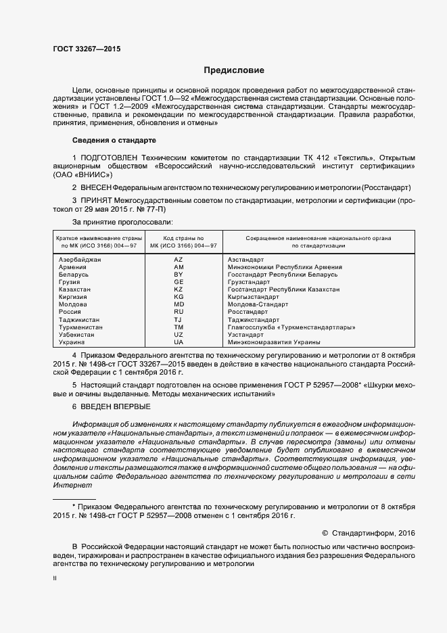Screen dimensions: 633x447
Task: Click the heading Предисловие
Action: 235,70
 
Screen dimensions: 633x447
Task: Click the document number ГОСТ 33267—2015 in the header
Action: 87,49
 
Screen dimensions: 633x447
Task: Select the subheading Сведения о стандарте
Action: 114,140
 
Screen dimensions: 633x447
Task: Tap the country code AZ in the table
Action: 179,260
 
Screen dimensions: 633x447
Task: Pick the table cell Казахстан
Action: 74,289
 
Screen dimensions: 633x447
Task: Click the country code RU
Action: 179,312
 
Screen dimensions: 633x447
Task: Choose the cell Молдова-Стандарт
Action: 258,304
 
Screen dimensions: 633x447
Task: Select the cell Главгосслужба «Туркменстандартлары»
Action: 291,327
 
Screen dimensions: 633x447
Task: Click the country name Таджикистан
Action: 79,319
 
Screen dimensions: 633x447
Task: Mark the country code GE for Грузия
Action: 179,282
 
